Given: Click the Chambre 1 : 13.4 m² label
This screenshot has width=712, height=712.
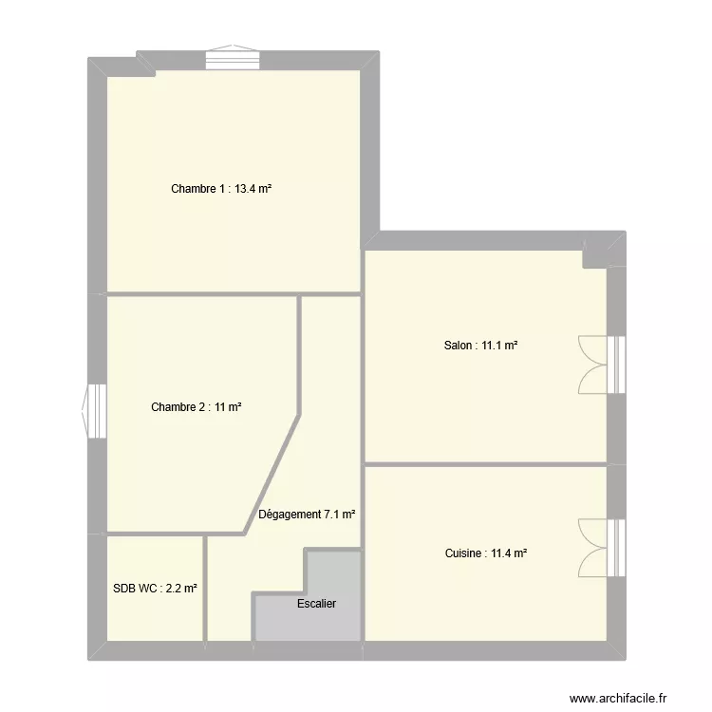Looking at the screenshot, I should (221, 189).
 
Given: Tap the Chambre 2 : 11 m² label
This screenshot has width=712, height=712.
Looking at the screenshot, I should (196, 407).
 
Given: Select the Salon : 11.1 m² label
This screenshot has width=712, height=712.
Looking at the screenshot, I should (480, 346).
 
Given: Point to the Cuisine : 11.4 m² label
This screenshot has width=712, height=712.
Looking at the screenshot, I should (485, 553).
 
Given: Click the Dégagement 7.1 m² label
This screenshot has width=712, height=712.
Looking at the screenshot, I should (307, 515).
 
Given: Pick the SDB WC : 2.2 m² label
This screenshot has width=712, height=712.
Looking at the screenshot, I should (155, 589).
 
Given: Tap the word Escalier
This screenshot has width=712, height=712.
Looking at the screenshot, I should (316, 604).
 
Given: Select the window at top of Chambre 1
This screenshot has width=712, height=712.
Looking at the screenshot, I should (225, 59).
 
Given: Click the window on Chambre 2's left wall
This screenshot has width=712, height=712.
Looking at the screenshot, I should (96, 410).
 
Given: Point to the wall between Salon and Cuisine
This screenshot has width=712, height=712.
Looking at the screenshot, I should (485, 464).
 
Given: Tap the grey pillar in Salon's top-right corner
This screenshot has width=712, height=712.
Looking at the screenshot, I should (596, 253).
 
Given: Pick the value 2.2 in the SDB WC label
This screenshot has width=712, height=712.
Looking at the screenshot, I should (178, 589).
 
